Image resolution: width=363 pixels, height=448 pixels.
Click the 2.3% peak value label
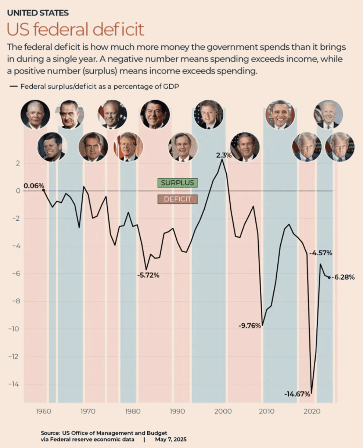click(x=224, y=155)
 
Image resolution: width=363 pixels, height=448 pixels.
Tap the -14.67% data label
click(x=297, y=394)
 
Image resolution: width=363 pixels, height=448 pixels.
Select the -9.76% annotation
click(x=249, y=326)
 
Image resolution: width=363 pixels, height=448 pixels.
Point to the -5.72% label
click(x=148, y=275)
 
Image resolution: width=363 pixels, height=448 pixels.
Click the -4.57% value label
click(x=321, y=253)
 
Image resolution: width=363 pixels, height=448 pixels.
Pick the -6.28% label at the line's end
click(x=344, y=277)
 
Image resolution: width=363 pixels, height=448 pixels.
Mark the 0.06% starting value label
click(x=34, y=186)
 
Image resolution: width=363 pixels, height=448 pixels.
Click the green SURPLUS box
click(x=177, y=183)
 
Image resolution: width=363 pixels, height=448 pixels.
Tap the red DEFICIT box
click(x=177, y=199)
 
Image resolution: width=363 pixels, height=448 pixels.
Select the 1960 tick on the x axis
click(x=43, y=411)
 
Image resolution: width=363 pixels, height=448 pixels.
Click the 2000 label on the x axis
click(x=222, y=411)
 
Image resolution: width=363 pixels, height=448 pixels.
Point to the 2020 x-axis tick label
click(x=312, y=411)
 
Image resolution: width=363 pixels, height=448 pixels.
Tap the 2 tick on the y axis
click(x=17, y=163)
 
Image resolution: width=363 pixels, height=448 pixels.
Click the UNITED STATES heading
click(x=38, y=13)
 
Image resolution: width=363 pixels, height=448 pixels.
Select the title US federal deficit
click(x=75, y=29)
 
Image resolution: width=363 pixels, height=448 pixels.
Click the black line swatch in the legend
click(x=14, y=87)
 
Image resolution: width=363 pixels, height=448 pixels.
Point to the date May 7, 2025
click(x=171, y=439)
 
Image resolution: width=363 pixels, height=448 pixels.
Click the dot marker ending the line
click(x=329, y=277)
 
